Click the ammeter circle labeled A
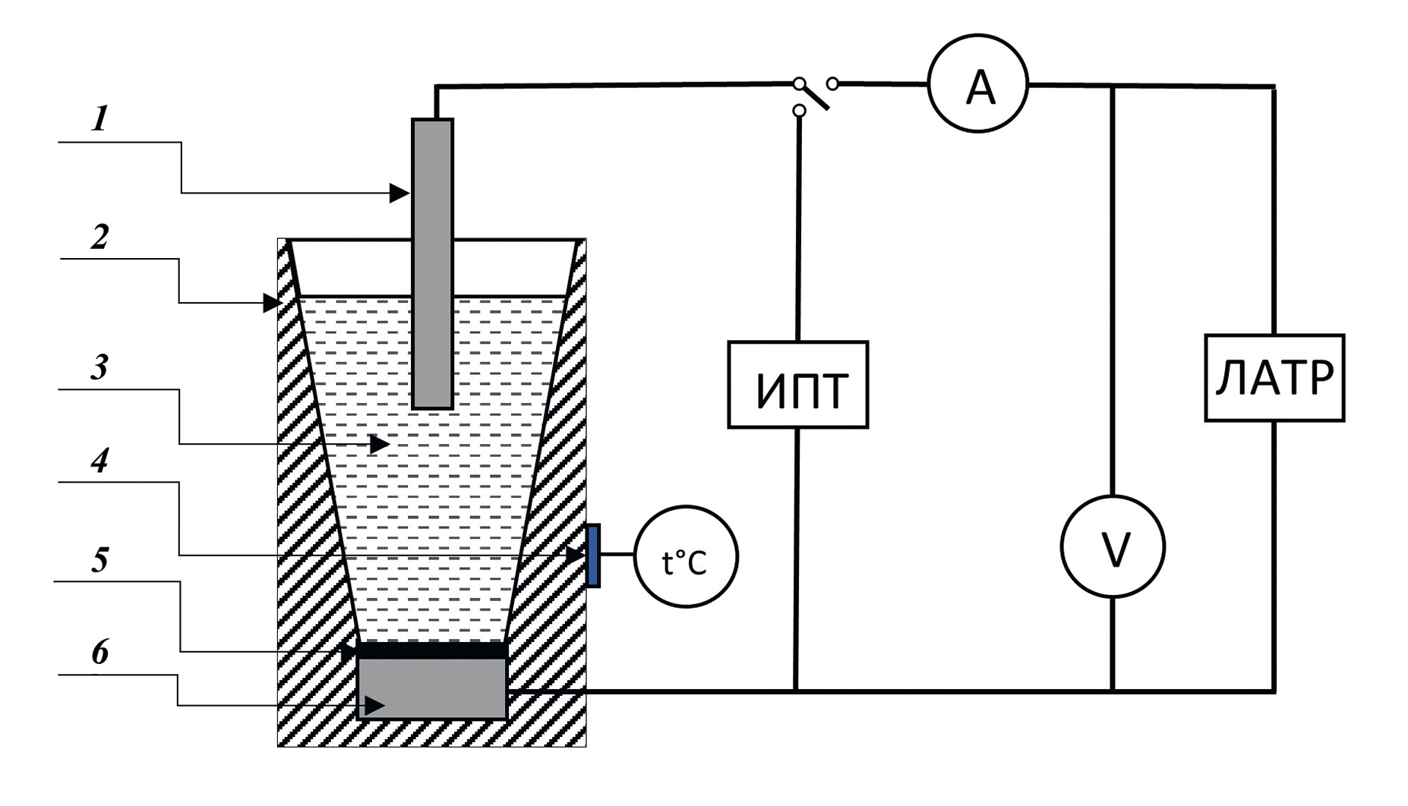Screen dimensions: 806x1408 click(978, 83)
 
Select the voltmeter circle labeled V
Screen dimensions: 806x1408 click(1113, 547)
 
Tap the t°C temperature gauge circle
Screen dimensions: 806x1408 click(686, 557)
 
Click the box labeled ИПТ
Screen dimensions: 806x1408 click(797, 385)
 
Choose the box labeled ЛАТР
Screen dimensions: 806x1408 click(1274, 378)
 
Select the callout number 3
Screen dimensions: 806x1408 click(99, 368)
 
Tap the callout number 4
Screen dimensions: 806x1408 click(99, 461)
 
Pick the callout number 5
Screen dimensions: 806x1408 click(99, 560)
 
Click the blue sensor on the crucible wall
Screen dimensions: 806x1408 click(593, 556)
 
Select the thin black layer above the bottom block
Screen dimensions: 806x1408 click(431, 650)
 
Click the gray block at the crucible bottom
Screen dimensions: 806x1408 click(431, 688)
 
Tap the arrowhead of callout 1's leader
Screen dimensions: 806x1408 click(399, 194)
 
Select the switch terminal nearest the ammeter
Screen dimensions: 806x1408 click(832, 83)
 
